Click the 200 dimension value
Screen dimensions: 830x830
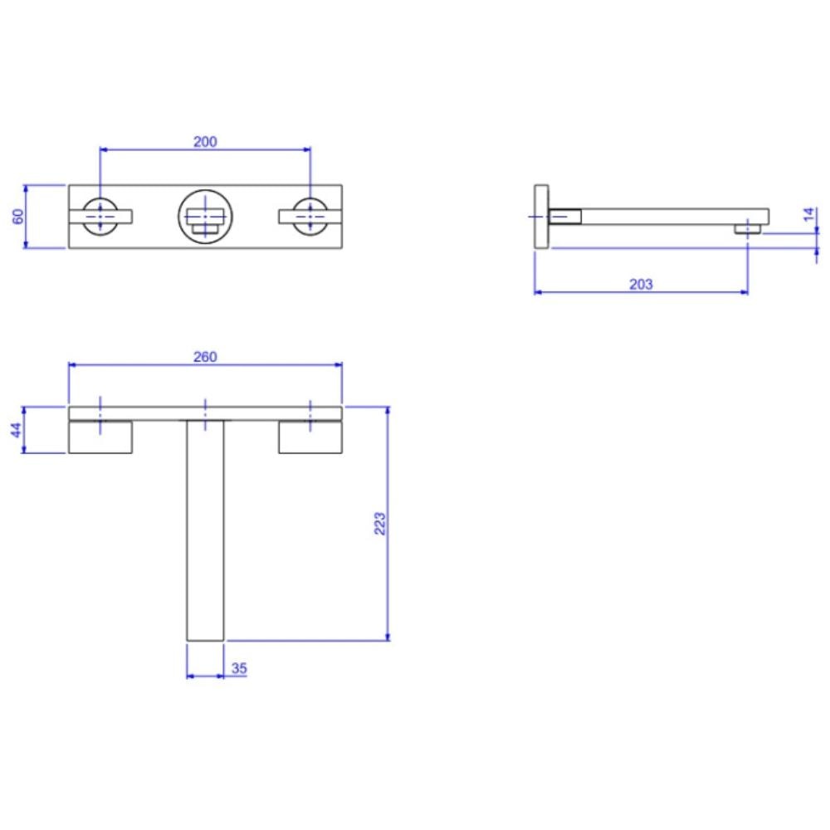pyautogui.click(x=205, y=141)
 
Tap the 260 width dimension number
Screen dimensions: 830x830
pyautogui.click(x=205, y=357)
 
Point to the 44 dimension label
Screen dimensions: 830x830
pyautogui.click(x=16, y=430)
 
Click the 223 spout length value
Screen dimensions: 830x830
pyautogui.click(x=379, y=524)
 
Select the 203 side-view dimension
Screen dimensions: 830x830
pyautogui.click(x=641, y=284)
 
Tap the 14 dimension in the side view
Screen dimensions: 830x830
pyautogui.click(x=810, y=214)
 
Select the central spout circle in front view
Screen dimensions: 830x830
pyautogui.click(x=205, y=216)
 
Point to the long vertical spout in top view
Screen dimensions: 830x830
pyautogui.click(x=205, y=531)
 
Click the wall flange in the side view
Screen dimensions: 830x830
pyautogui.click(x=541, y=216)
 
